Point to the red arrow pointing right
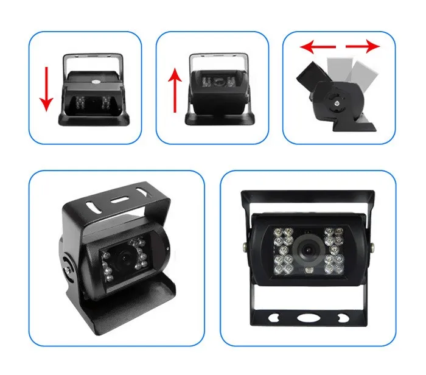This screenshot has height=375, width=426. click(x=363, y=46)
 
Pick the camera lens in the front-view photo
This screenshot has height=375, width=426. click(x=307, y=250)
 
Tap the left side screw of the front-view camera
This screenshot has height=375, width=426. click(x=244, y=247)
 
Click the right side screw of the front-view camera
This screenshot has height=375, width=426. click(x=371, y=247)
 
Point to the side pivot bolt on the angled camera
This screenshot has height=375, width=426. click(x=68, y=266)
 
